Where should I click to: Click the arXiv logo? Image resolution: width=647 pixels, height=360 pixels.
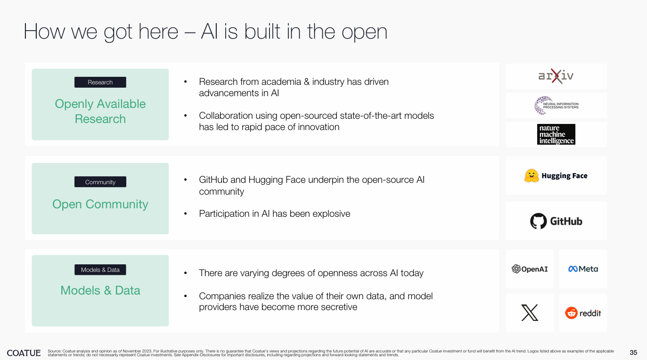(x=556, y=76)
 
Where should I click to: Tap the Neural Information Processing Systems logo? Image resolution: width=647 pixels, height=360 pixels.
(x=556, y=106)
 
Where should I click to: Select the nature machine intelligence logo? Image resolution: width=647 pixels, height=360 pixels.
(x=556, y=134)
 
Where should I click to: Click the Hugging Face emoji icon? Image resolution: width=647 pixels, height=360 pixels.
(x=532, y=176)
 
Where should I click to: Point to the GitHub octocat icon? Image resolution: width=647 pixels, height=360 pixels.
(x=538, y=221)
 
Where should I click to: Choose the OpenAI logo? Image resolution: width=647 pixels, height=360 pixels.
(x=530, y=269)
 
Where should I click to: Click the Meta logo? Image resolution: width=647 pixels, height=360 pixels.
(x=583, y=269)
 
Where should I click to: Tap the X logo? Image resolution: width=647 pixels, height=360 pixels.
(x=530, y=313)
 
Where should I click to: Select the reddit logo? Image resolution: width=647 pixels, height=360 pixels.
(x=583, y=313)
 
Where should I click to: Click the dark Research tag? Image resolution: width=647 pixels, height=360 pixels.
(x=100, y=82)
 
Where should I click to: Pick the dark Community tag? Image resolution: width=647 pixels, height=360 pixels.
(x=100, y=182)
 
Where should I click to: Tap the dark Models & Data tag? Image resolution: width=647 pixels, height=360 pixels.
(x=100, y=270)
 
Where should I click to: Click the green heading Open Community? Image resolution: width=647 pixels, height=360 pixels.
(x=100, y=204)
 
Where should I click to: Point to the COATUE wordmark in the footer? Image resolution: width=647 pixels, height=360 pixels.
(x=24, y=352)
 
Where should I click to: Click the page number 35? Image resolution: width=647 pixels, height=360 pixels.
(x=633, y=352)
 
